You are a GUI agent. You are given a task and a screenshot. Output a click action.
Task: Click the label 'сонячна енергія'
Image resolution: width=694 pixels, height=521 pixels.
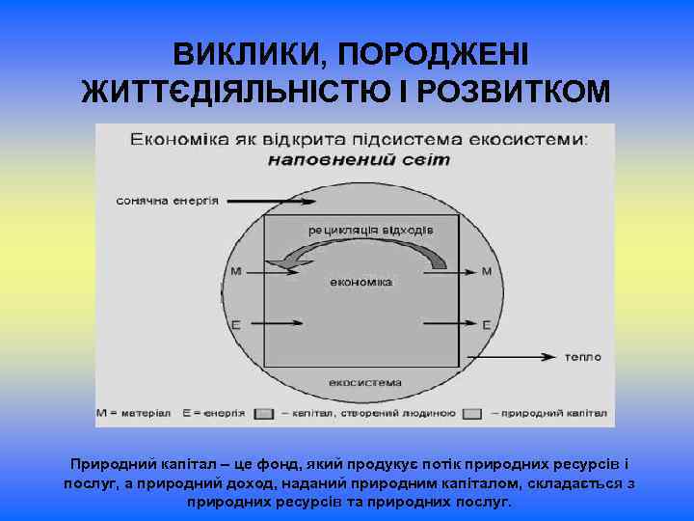pyautogui.click(x=168, y=202)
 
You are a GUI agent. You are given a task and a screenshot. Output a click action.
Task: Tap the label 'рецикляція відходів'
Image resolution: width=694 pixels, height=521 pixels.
pyautogui.click(x=371, y=230)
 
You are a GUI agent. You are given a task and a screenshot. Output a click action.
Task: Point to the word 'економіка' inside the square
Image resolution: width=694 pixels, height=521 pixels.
pyautogui.click(x=360, y=283)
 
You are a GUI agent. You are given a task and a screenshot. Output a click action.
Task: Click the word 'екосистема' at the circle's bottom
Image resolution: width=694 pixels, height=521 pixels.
pyautogui.click(x=364, y=383)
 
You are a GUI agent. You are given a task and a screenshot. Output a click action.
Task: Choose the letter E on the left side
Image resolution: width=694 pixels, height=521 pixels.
pyautogui.click(x=236, y=324)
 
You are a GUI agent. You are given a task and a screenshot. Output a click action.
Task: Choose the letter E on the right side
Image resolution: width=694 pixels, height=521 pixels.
pyautogui.click(x=486, y=324)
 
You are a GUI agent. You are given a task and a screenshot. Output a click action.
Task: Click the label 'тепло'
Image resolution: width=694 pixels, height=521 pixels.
pyautogui.click(x=583, y=357)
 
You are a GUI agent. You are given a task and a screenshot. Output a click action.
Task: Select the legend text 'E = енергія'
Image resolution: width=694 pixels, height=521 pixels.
pyautogui.click(x=212, y=413)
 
